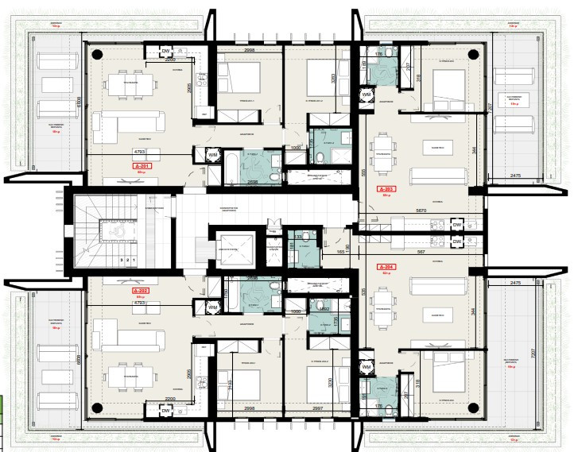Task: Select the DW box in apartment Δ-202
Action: tap(167, 410)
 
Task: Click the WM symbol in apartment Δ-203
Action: tap(367, 95)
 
